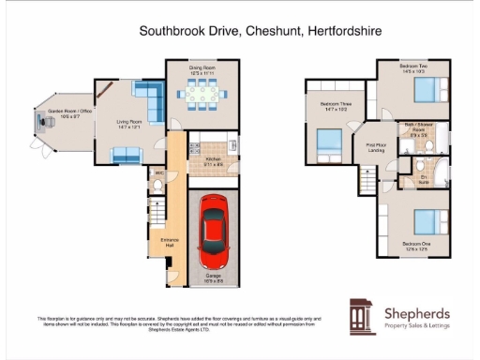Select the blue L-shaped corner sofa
pyautogui.click(x=146, y=97)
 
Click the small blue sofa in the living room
pyautogui.click(x=127, y=153)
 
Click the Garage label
pyautogui.click(x=215, y=276)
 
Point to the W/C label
pyautogui.click(x=159, y=173)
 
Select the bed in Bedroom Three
pyautogui.click(x=328, y=141)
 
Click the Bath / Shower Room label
pyautogui.click(x=416, y=128)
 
